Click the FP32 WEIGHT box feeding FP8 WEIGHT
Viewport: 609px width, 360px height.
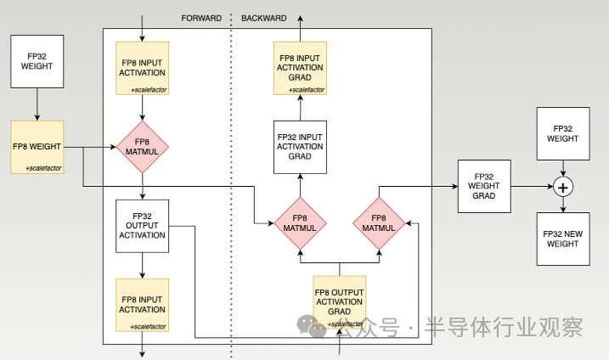37,61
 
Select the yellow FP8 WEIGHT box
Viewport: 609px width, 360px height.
37,147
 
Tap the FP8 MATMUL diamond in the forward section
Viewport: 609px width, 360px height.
143,147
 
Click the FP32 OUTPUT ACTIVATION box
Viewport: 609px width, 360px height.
143,225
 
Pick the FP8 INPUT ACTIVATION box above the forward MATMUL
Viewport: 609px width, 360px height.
143,67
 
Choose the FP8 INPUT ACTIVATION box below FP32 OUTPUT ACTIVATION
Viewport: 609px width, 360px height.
143,305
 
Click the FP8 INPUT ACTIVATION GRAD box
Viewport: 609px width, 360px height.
300,67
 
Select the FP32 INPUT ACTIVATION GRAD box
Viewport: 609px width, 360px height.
300,146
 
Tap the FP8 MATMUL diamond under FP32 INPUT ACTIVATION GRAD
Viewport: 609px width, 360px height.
300,223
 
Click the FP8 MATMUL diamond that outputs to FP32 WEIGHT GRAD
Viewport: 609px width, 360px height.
379,223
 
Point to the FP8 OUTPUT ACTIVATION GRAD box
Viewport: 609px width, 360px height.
340,301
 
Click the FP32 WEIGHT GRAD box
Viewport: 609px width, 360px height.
484,186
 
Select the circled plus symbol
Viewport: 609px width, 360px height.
562,186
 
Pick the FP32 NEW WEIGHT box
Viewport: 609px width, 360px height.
562,239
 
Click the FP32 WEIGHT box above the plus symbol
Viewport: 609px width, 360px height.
562,133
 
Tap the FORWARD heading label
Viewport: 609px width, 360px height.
201,18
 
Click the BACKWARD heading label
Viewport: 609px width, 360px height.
264,18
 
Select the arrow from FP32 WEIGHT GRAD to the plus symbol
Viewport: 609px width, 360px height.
531,186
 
